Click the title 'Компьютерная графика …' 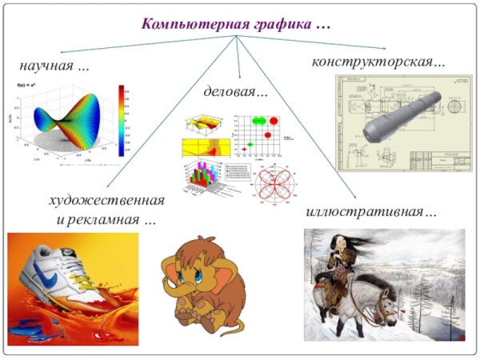pos(236,23)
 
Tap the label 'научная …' pos(54,65)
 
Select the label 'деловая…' pos(236,92)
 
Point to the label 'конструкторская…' pos(378,61)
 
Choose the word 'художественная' pos(106,199)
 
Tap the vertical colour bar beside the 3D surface pos(121,120)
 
